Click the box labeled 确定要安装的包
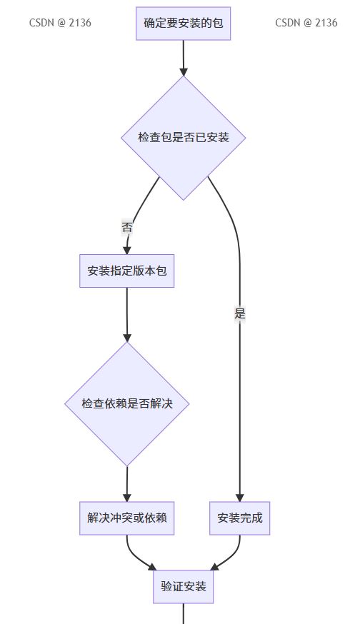tap(183, 24)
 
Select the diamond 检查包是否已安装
tap(183, 138)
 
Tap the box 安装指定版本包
tap(127, 271)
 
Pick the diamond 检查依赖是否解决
tap(127, 404)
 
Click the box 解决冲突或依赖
tap(127, 518)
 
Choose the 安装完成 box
tap(240, 518)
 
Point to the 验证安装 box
tap(183, 587)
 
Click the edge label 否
tap(126, 228)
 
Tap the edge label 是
tap(240, 313)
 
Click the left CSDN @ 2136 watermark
tap(60, 23)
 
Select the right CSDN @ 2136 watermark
tap(306, 23)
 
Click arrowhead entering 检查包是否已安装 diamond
tap(183, 71)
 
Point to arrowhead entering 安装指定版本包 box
tap(127, 251)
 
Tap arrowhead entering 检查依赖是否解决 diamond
tap(127, 338)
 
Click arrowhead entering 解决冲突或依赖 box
tap(127, 498)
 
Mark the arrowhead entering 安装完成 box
tap(240, 498)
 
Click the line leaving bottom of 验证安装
tap(183, 614)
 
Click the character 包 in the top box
tap(217, 23)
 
